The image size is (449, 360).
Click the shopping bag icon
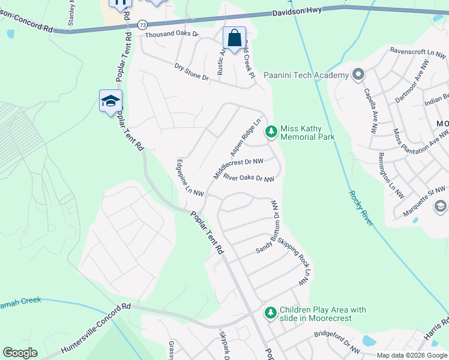(x=234, y=38)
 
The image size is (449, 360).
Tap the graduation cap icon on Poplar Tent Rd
(x=110, y=101)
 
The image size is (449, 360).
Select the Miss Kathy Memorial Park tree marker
(x=271, y=131)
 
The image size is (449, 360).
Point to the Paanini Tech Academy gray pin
(x=358, y=75)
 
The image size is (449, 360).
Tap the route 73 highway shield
(x=142, y=25)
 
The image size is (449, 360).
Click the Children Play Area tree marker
(x=271, y=312)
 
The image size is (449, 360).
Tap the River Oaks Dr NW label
(x=249, y=178)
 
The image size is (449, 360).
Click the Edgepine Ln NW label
(x=191, y=178)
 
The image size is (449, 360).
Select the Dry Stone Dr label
(x=191, y=72)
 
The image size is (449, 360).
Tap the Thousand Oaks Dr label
(x=171, y=34)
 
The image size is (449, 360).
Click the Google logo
(x=20, y=352)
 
